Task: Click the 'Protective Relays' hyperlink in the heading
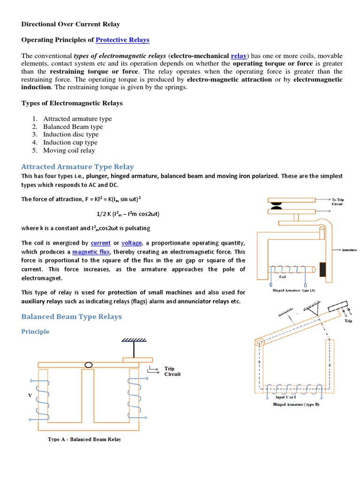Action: click(122, 40)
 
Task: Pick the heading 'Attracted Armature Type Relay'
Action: click(77, 166)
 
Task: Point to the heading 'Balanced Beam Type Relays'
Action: click(71, 316)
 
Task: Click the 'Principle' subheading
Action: click(35, 331)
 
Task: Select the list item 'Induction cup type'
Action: click(70, 142)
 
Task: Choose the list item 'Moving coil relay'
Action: click(69, 150)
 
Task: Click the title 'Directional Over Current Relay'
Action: click(71, 23)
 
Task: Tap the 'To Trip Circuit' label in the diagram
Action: click(337, 202)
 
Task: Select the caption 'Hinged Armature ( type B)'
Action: click(296, 404)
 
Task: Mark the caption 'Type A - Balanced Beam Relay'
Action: click(84, 439)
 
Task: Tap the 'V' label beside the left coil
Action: click(30, 395)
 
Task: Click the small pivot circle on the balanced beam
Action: click(88, 365)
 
